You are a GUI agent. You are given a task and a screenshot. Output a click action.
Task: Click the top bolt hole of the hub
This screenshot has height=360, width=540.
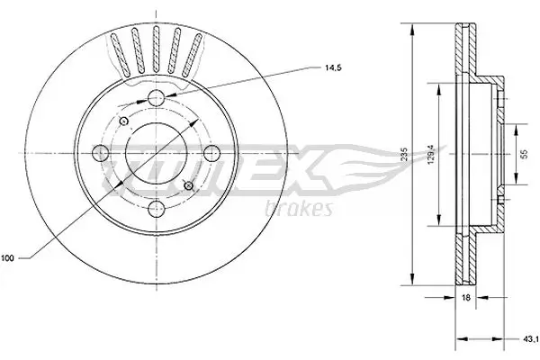[157, 98]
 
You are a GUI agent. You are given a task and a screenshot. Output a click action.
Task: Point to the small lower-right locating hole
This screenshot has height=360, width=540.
[187, 185]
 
